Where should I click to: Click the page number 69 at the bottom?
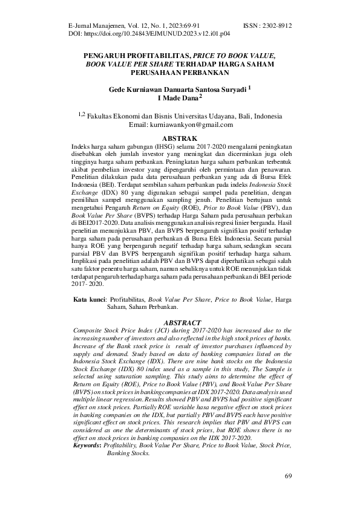pyautogui.click(x=288, y=477)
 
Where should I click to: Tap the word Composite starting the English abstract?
pyautogui.click(x=87, y=331)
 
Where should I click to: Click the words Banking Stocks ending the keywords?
pyautogui.click(x=128, y=453)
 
